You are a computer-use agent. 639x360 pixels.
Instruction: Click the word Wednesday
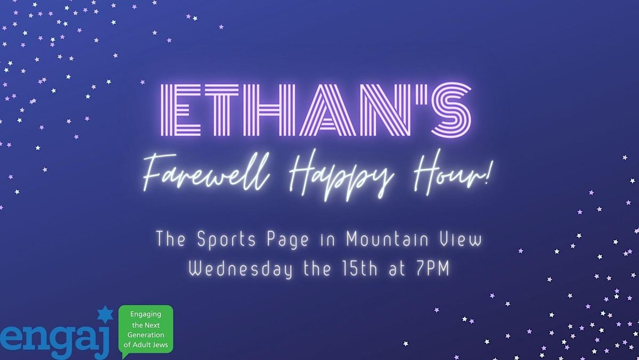pos(240,269)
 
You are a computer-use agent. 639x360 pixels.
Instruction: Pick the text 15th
pos(359,269)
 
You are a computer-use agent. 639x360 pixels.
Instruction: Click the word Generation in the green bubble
pos(145,334)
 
